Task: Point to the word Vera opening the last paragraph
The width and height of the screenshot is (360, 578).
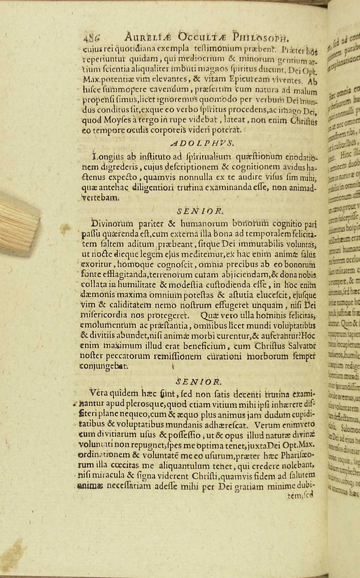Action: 100,393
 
